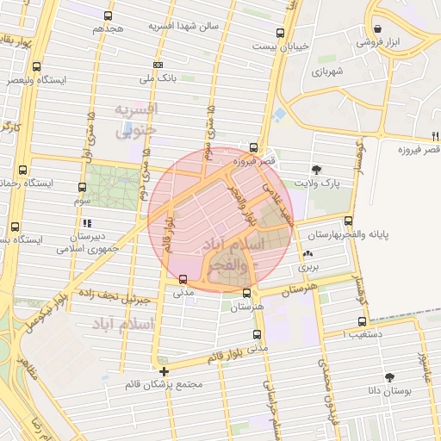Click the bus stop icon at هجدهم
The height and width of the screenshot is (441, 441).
tap(108, 16)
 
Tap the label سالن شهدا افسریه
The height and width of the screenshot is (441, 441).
tap(184, 26)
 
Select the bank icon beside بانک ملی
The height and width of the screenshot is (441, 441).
tap(157, 65)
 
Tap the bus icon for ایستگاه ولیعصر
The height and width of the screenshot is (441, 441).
tap(36, 66)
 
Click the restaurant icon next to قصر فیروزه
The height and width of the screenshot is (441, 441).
tap(434, 136)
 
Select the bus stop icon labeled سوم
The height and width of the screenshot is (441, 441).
tap(83, 187)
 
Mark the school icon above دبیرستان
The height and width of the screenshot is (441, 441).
tap(86, 223)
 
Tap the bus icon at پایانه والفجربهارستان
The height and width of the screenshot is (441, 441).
tap(348, 220)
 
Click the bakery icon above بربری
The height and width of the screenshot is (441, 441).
tap(308, 254)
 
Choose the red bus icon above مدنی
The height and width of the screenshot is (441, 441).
tap(182, 278)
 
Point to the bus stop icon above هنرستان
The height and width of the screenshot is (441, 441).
tap(247, 293)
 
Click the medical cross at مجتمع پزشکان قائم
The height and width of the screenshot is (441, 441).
tap(164, 371)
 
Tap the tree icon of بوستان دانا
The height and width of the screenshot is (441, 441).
tap(389, 376)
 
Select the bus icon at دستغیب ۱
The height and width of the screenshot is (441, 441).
tap(361, 321)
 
